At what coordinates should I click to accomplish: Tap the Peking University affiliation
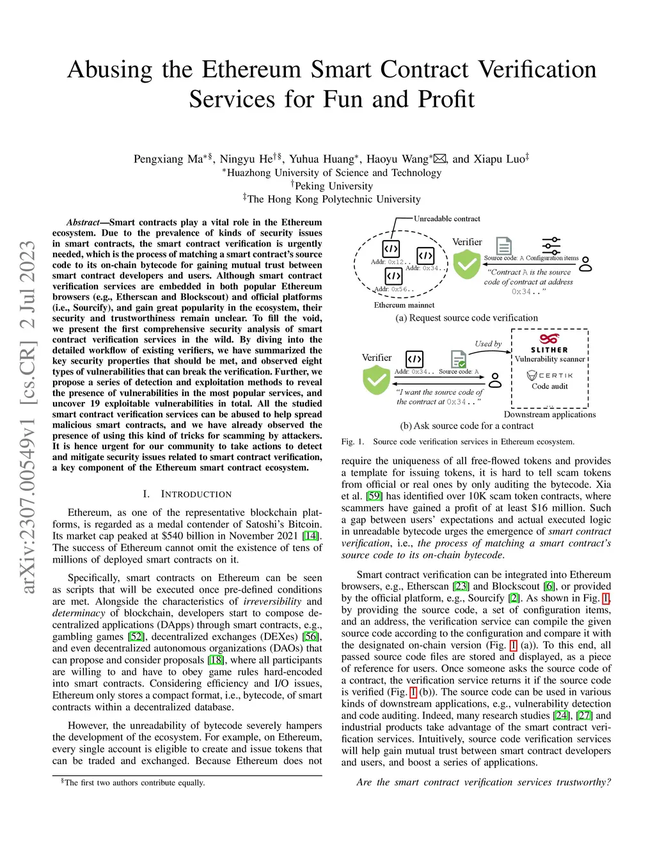tap(333, 186)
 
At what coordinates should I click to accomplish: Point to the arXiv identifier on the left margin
tap(27, 416)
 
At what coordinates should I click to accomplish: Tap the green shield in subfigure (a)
tap(467, 264)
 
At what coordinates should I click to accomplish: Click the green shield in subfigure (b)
tap(376, 380)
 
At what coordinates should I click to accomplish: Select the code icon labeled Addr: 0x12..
tap(391, 248)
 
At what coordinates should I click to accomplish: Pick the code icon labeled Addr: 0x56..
tap(393, 276)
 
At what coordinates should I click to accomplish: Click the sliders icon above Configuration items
tap(551, 246)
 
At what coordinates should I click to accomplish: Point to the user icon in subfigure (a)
tap(585, 264)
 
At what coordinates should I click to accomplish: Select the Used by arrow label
tap(488, 344)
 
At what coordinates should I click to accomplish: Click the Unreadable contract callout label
tap(446, 219)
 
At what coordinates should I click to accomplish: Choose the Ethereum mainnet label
tap(404, 305)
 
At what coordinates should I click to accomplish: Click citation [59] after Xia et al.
tap(374, 496)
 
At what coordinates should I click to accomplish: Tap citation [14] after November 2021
tap(311, 536)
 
